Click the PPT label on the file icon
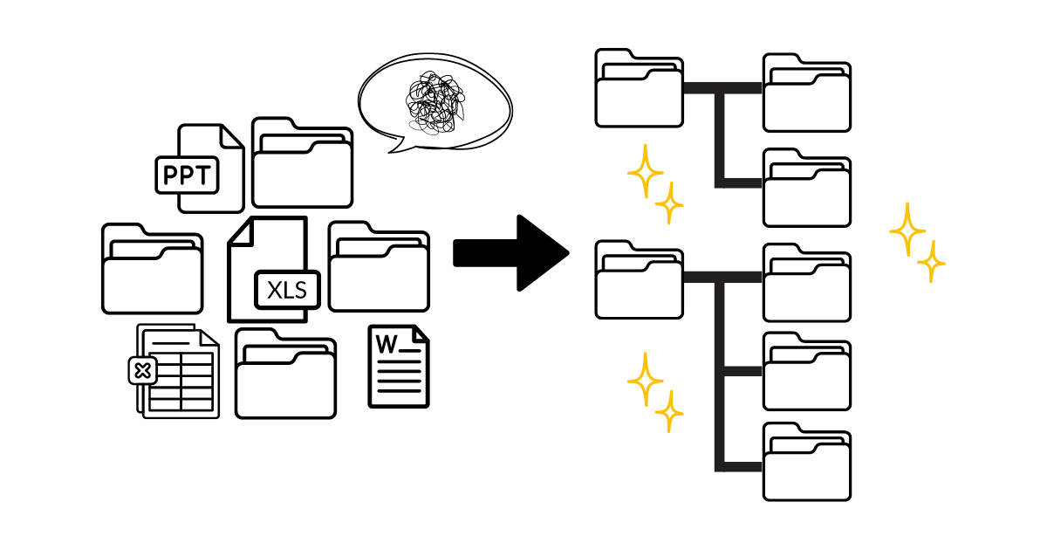click(186, 175)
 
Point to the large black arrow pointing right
click(510, 252)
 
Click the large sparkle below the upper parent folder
click(646, 173)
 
